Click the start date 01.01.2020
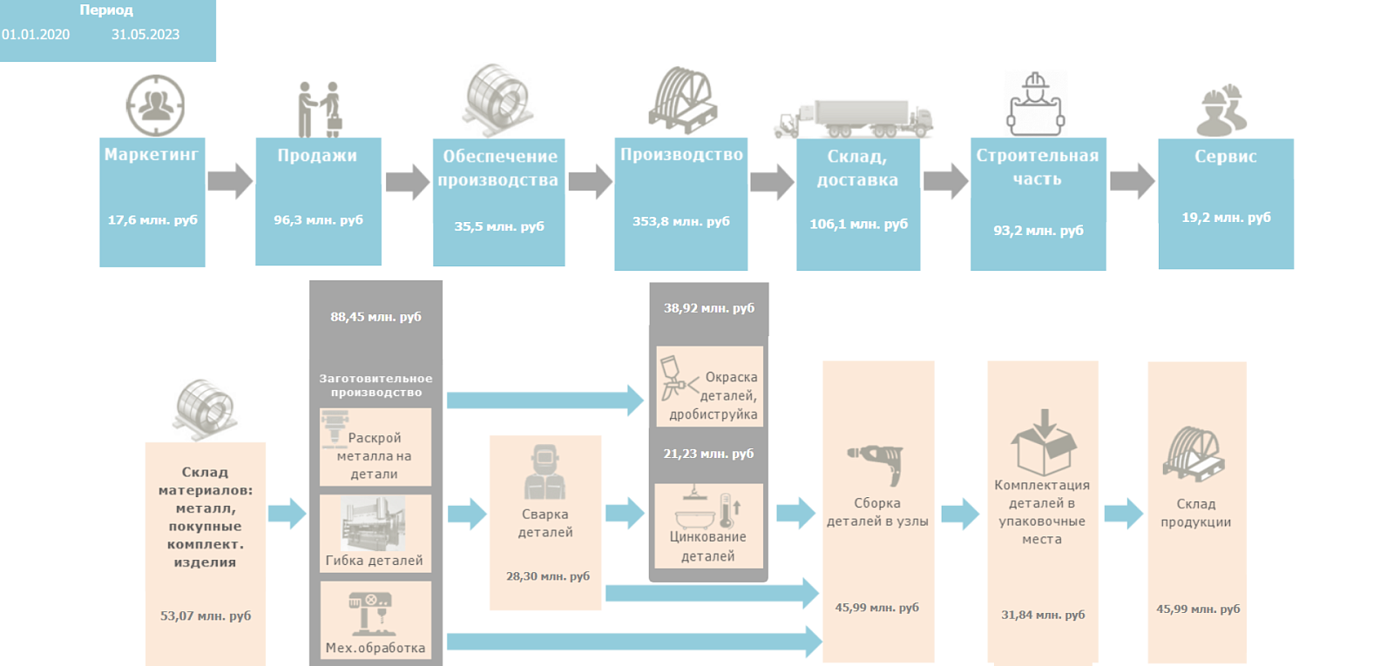[x=36, y=35]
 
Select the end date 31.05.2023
[x=145, y=35]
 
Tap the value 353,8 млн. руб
[x=680, y=221]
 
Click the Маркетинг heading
[x=152, y=154]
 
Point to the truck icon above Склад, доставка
[x=854, y=118]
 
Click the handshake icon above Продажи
[x=319, y=110]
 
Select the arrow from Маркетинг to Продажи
[x=230, y=181]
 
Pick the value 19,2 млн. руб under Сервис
[x=1226, y=218]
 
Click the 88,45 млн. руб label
[x=376, y=317]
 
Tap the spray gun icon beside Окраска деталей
[x=679, y=377]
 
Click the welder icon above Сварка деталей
[x=545, y=472]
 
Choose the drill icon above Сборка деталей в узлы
[x=876, y=464]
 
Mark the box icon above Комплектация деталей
[x=1044, y=442]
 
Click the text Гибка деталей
[x=374, y=561]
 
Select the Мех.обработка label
[x=376, y=648]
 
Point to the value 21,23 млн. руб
[x=708, y=454]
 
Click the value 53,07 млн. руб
[x=206, y=616]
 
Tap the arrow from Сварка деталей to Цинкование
[x=625, y=514]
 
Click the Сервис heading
[x=1225, y=156]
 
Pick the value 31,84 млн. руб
[x=1043, y=615]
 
